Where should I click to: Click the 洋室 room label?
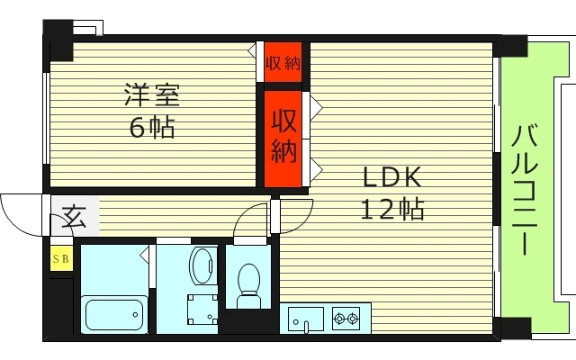(x=152, y=94)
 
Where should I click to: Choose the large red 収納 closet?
(x=284, y=136)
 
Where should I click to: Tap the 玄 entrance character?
(x=74, y=217)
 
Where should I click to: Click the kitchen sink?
(x=306, y=319)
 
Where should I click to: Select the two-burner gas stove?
(x=346, y=318)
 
